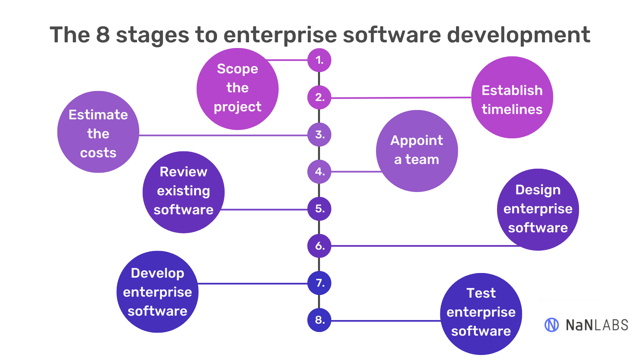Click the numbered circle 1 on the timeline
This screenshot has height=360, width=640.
click(x=319, y=60)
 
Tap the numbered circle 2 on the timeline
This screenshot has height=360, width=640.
click(x=319, y=97)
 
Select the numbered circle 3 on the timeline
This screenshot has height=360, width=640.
click(x=319, y=135)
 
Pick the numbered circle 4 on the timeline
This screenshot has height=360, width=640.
click(x=319, y=172)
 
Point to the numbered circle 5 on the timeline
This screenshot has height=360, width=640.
click(x=319, y=209)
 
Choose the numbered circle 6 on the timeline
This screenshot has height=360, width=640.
click(x=319, y=246)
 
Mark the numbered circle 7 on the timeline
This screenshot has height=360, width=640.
click(x=319, y=283)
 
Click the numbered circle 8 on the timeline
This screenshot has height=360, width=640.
click(x=319, y=320)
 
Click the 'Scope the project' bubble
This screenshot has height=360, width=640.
click(x=237, y=89)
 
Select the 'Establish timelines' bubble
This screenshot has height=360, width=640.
click(x=512, y=97)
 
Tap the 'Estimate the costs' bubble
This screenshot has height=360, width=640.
click(x=98, y=132)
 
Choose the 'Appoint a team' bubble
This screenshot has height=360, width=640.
click(x=417, y=151)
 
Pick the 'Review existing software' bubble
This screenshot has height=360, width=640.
click(x=183, y=192)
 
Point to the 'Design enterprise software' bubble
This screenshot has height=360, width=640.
click(x=538, y=210)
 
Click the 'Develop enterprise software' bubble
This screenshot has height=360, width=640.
click(x=157, y=292)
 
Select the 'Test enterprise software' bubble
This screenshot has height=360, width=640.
click(x=481, y=314)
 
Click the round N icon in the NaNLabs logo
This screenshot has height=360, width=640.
click(x=551, y=325)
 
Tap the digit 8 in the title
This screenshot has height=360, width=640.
click(x=103, y=35)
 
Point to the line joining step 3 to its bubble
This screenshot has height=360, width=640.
click(x=223, y=135)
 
